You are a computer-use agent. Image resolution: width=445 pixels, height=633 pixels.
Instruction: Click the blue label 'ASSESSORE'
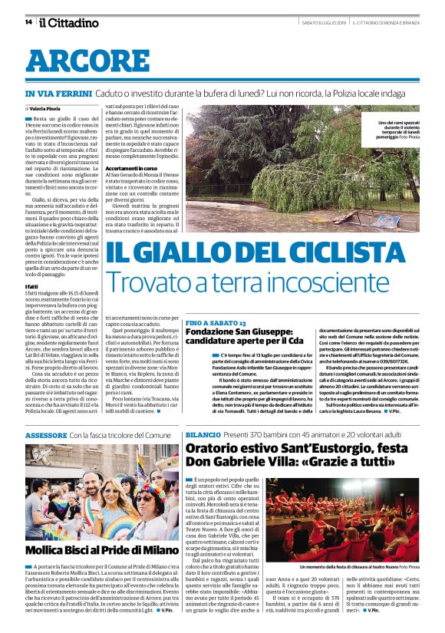46,435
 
